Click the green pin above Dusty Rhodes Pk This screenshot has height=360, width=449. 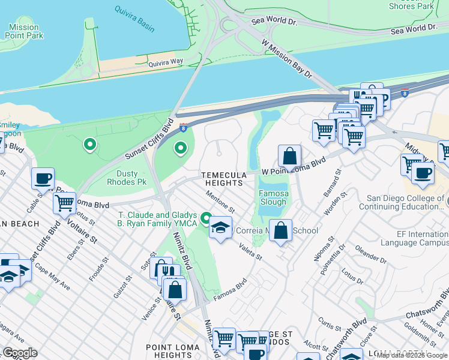[x=90, y=144]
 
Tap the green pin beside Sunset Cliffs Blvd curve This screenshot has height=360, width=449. [x=180, y=147]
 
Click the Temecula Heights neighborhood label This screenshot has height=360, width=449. [x=224, y=179]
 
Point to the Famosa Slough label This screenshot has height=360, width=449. [x=274, y=198]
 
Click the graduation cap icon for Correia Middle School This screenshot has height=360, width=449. [x=221, y=227]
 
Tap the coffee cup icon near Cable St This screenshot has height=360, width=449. [x=43, y=178]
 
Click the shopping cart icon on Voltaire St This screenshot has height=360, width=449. [x=64, y=202]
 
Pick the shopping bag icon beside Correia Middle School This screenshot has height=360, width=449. [x=280, y=230]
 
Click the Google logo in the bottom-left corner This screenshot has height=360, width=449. [x=20, y=353]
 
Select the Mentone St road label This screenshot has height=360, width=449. [x=219, y=202]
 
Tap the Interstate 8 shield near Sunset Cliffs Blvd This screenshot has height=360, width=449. [x=182, y=127]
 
